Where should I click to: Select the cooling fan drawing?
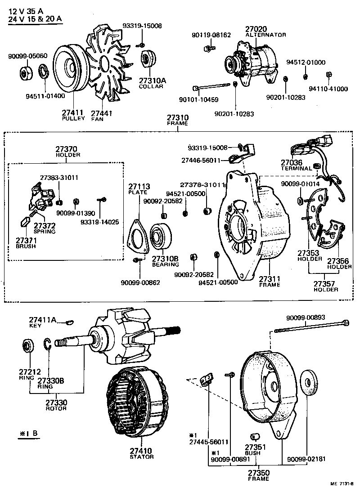(x=106, y=63)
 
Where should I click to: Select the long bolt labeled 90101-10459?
(x=211, y=86)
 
